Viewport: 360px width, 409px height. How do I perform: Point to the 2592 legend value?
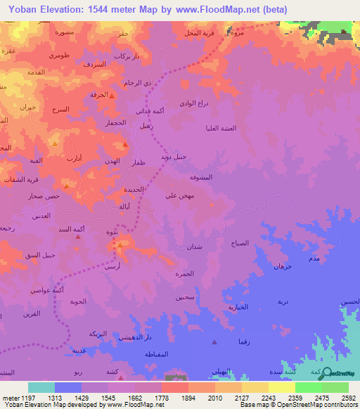(348, 397)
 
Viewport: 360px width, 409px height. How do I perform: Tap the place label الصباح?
(240, 242)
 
